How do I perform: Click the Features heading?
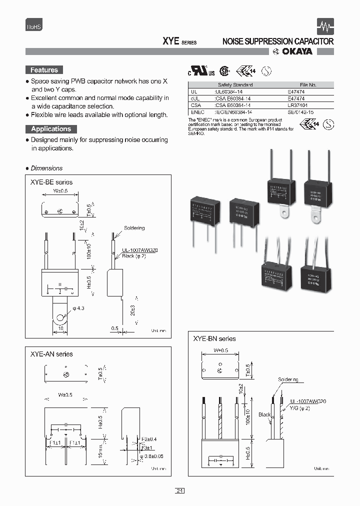(44, 70)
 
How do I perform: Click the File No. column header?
(308, 85)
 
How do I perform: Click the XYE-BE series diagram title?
(51, 182)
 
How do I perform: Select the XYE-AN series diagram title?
(51, 354)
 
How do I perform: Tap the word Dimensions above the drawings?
(46, 168)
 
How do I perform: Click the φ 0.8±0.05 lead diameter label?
(151, 456)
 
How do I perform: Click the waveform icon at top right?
(326, 26)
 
